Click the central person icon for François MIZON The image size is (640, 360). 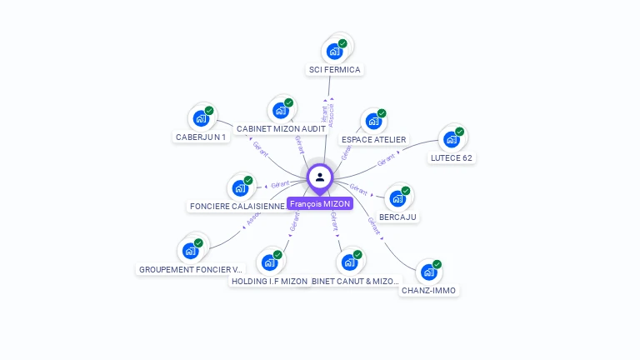pos(320,177)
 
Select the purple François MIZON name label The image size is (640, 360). pos(320,204)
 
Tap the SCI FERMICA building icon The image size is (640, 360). pos(335,51)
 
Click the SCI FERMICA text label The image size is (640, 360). pos(335,70)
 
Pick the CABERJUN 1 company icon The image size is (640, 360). pos(201,118)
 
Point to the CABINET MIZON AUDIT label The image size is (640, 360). pos(281,129)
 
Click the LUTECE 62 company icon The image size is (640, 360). pos(452,139)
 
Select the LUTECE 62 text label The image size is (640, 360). pos(452,157)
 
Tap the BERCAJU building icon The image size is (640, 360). pos(398,198)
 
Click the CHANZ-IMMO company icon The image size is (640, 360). pos(429,272)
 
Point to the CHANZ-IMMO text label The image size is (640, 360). pos(429,291)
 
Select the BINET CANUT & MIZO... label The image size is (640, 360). pos(355,282)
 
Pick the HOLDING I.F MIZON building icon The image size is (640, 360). pos(269,262)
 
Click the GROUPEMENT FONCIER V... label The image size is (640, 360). pos(191,270)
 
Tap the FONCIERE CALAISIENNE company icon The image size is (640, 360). pos(240,187)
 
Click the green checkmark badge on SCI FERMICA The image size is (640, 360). pos(342,43)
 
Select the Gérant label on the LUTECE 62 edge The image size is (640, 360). pos(386,159)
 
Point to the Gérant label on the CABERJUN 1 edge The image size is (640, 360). pos(260,148)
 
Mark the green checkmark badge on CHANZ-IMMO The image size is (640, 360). pos(437,264)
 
